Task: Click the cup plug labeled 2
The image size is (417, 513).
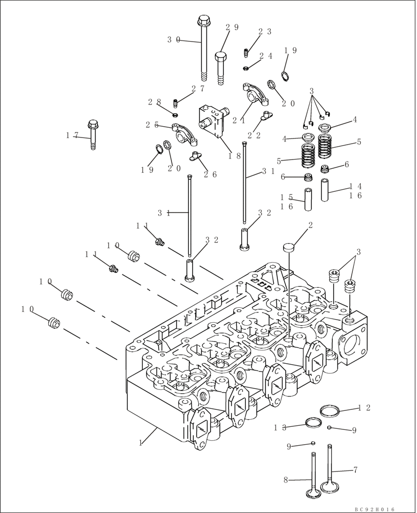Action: (290, 247)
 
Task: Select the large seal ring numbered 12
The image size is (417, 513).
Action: (329, 410)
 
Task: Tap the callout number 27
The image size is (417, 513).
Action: (198, 88)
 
